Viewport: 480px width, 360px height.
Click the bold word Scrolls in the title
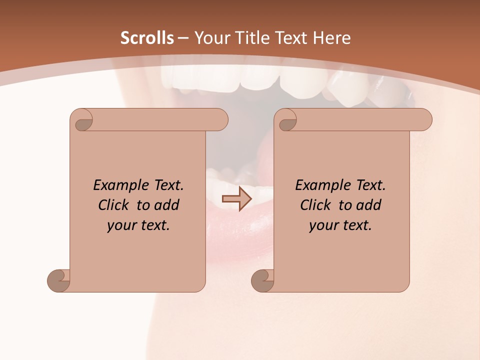coord(147,38)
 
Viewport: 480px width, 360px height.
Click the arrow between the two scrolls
coord(237,199)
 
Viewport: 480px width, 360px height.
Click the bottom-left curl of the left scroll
coord(59,280)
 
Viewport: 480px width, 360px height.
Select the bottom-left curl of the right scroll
coord(263,280)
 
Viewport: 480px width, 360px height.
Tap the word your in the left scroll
coord(120,225)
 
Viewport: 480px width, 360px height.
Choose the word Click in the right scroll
coord(312,205)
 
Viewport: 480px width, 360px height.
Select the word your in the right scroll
coord(322,225)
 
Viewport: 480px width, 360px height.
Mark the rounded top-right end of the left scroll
coord(220,120)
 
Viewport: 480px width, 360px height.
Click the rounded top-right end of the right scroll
coord(424,120)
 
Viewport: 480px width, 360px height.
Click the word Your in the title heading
coord(212,38)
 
